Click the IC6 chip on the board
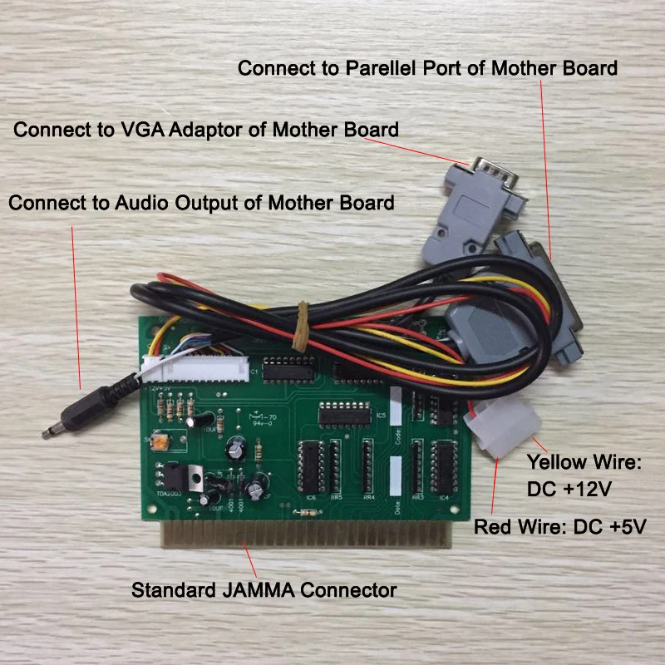(x=311, y=465)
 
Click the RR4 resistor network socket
(x=367, y=465)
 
